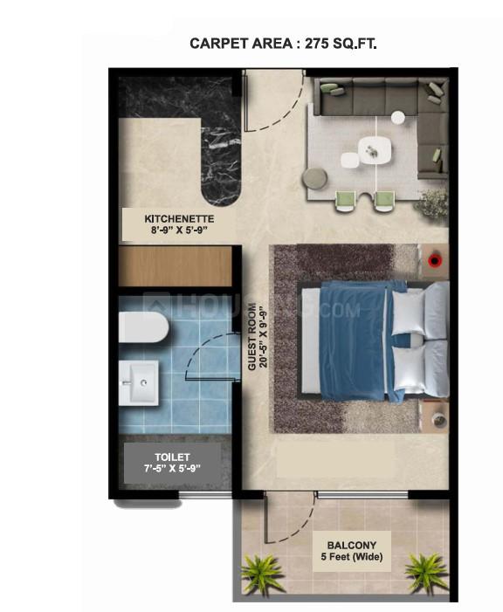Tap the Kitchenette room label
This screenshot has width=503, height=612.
point(179,224)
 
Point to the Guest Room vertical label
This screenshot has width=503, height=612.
point(254,336)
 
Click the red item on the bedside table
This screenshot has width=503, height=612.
point(436,258)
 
